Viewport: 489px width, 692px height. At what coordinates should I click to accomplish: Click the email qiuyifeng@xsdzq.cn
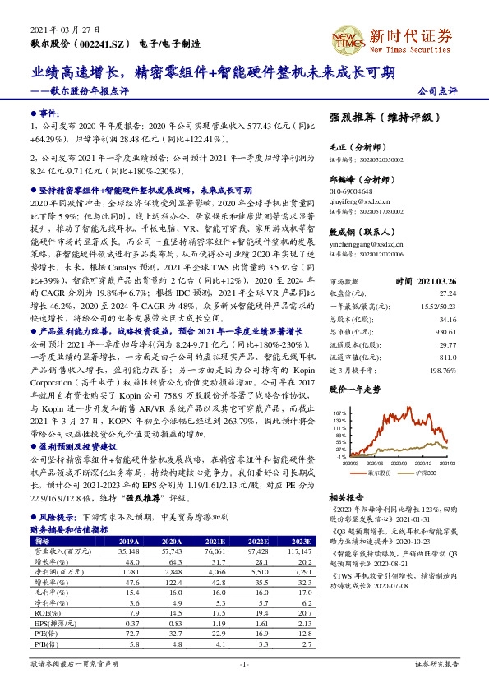point(360,199)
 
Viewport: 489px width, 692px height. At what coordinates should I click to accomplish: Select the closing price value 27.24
point(448,292)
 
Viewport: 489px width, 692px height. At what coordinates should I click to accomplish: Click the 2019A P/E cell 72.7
point(130,633)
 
